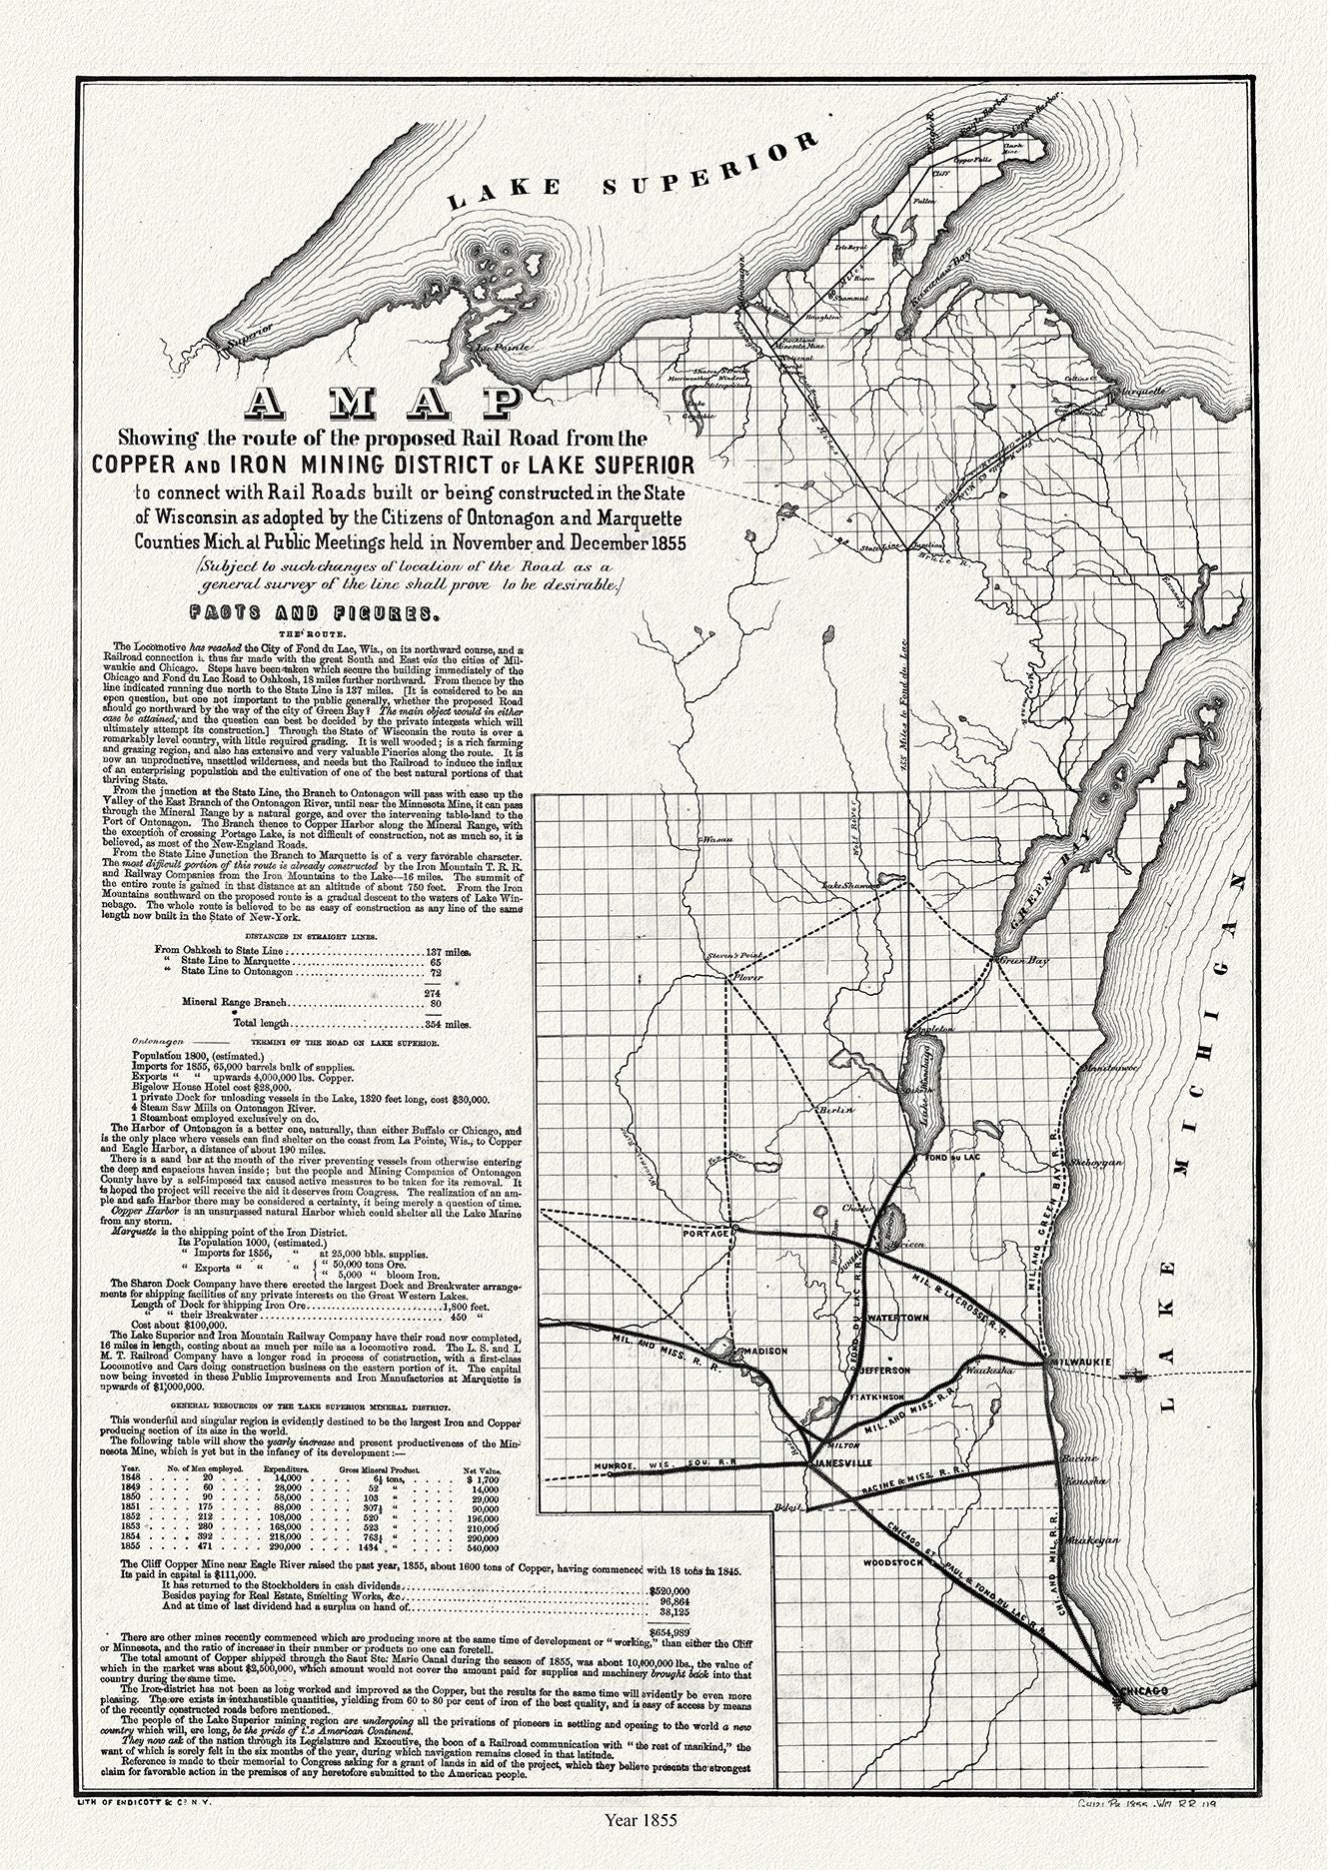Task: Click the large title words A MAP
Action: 384,403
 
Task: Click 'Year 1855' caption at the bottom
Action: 641,1847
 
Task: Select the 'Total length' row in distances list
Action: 350,1024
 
